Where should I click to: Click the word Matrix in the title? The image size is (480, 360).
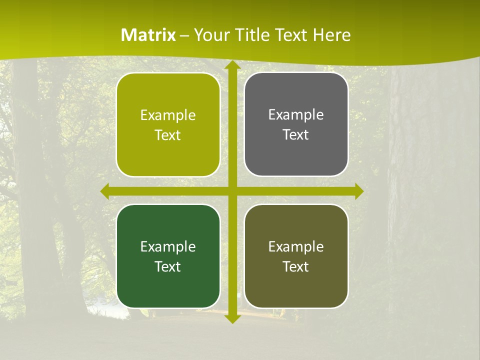148,35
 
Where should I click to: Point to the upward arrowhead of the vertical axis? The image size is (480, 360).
231,65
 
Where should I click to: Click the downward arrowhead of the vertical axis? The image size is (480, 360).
231,318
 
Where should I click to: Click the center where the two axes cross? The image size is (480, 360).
231,191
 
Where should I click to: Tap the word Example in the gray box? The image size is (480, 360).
296,114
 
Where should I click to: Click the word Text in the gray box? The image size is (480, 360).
296,135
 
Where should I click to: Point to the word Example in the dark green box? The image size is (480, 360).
168,246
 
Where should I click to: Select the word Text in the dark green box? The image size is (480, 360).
168,266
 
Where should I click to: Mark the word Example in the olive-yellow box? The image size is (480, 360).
168,115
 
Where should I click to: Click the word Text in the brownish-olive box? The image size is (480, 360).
296,266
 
